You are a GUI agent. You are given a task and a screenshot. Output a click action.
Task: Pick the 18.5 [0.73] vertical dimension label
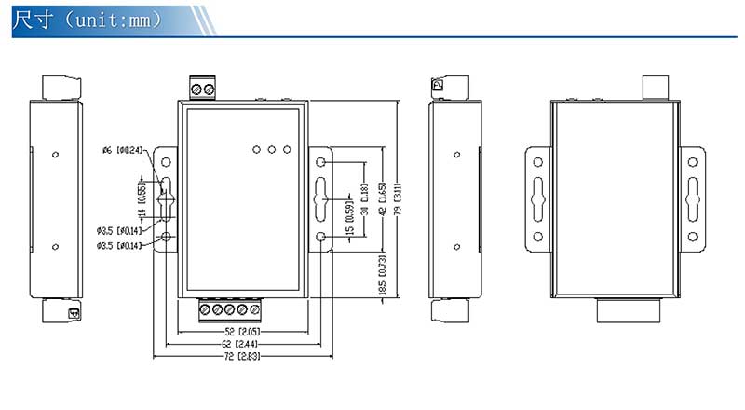(x=383, y=277)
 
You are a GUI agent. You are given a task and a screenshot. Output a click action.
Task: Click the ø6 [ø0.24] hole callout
(x=122, y=150)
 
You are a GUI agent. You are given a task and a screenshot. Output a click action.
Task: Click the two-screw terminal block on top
(x=203, y=89)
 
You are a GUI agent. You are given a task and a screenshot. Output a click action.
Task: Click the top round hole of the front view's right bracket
(x=322, y=162)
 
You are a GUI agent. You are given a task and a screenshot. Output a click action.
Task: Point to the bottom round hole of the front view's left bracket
(x=167, y=238)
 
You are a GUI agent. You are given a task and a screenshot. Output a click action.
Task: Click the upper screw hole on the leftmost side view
(x=55, y=154)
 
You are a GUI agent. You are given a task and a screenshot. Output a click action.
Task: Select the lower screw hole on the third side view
(x=455, y=247)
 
